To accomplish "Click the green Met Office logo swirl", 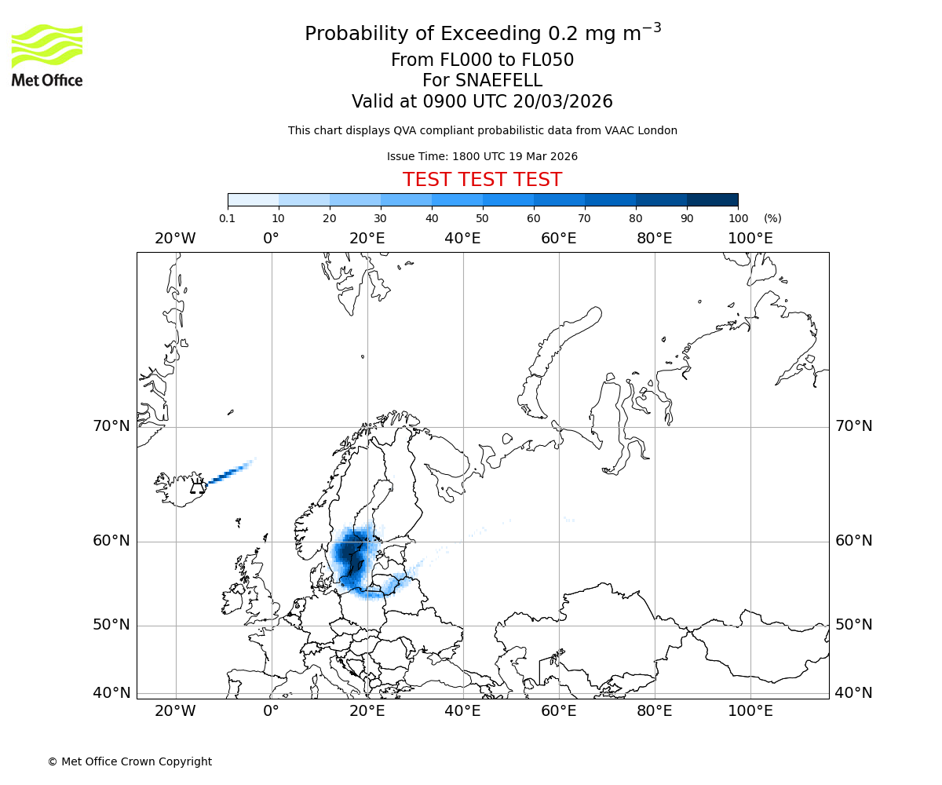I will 46,45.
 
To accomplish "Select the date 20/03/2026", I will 563,102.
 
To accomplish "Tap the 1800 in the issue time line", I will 466,157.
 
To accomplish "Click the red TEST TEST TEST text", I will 482,181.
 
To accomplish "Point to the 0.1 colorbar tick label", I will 227,218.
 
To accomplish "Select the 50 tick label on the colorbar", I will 482,218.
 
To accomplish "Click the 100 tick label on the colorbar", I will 738,218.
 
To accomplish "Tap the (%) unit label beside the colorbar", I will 772,218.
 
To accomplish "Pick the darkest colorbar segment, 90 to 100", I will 712,199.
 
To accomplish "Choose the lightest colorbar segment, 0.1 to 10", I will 253,199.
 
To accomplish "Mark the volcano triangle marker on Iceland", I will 196,488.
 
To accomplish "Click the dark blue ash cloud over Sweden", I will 351,554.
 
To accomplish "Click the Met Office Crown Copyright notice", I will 130,762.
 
